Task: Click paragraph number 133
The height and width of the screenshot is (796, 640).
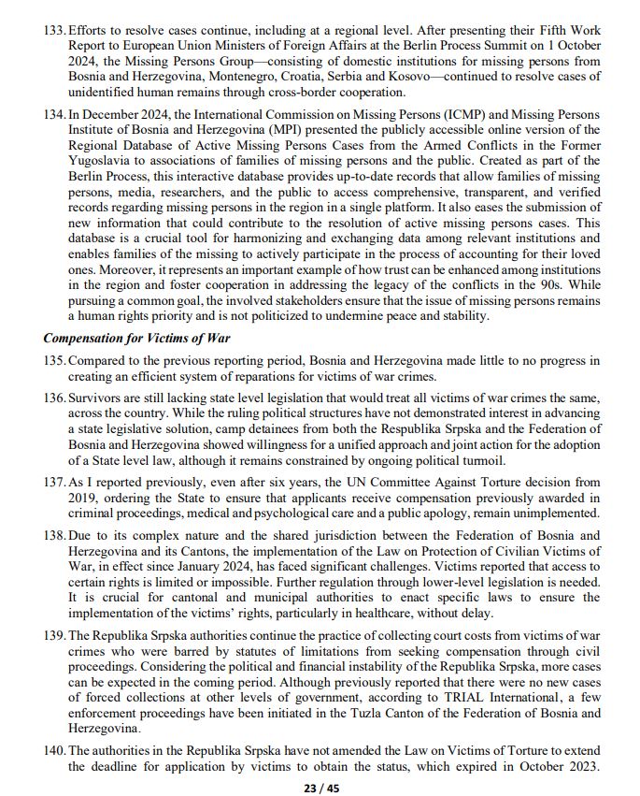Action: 54,32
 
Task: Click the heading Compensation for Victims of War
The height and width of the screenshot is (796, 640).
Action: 136,339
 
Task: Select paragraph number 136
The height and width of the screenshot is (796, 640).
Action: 54,398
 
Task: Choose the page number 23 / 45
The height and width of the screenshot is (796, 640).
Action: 320,788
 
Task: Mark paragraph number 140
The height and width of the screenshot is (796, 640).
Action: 54,751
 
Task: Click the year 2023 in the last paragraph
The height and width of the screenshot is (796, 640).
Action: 577,767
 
